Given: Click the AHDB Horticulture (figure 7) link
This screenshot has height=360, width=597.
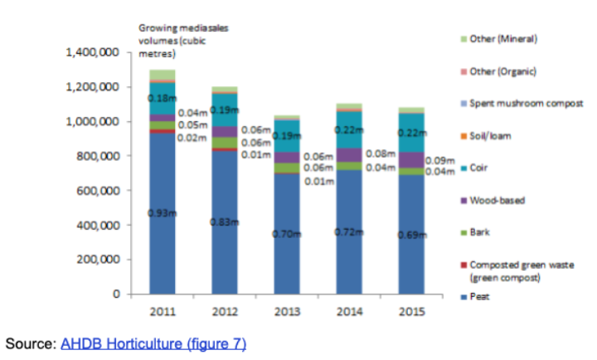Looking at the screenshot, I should pos(153,343).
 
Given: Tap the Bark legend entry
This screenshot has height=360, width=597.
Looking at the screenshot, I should pos(480,233).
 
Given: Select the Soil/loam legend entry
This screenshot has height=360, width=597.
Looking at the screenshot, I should pos(488,135).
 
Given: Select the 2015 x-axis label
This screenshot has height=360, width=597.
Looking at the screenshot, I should pos(412,312).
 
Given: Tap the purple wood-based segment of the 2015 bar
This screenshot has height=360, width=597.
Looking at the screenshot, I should pos(412,159).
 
